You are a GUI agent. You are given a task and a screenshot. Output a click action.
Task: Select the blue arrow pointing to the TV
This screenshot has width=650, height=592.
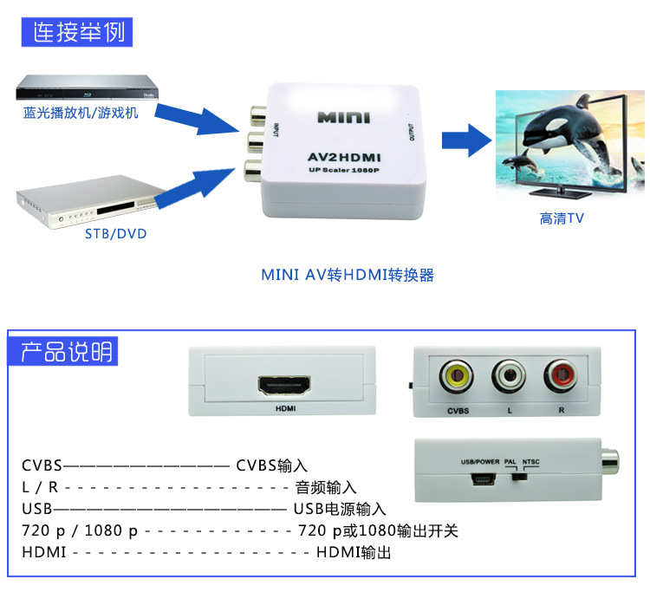465,140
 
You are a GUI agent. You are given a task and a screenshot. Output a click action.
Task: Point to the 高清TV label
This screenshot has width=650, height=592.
562,219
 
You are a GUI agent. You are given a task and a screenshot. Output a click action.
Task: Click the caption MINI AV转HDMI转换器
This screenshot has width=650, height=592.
347,275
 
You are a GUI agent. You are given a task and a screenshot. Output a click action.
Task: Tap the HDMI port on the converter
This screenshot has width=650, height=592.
284,385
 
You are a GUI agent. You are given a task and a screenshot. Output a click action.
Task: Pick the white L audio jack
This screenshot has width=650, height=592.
509,376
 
